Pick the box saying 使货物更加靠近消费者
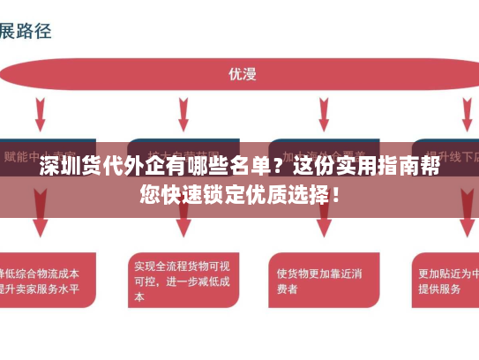click(x=318, y=280)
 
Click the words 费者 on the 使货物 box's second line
click(x=288, y=289)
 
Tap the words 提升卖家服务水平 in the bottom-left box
click(x=40, y=289)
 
